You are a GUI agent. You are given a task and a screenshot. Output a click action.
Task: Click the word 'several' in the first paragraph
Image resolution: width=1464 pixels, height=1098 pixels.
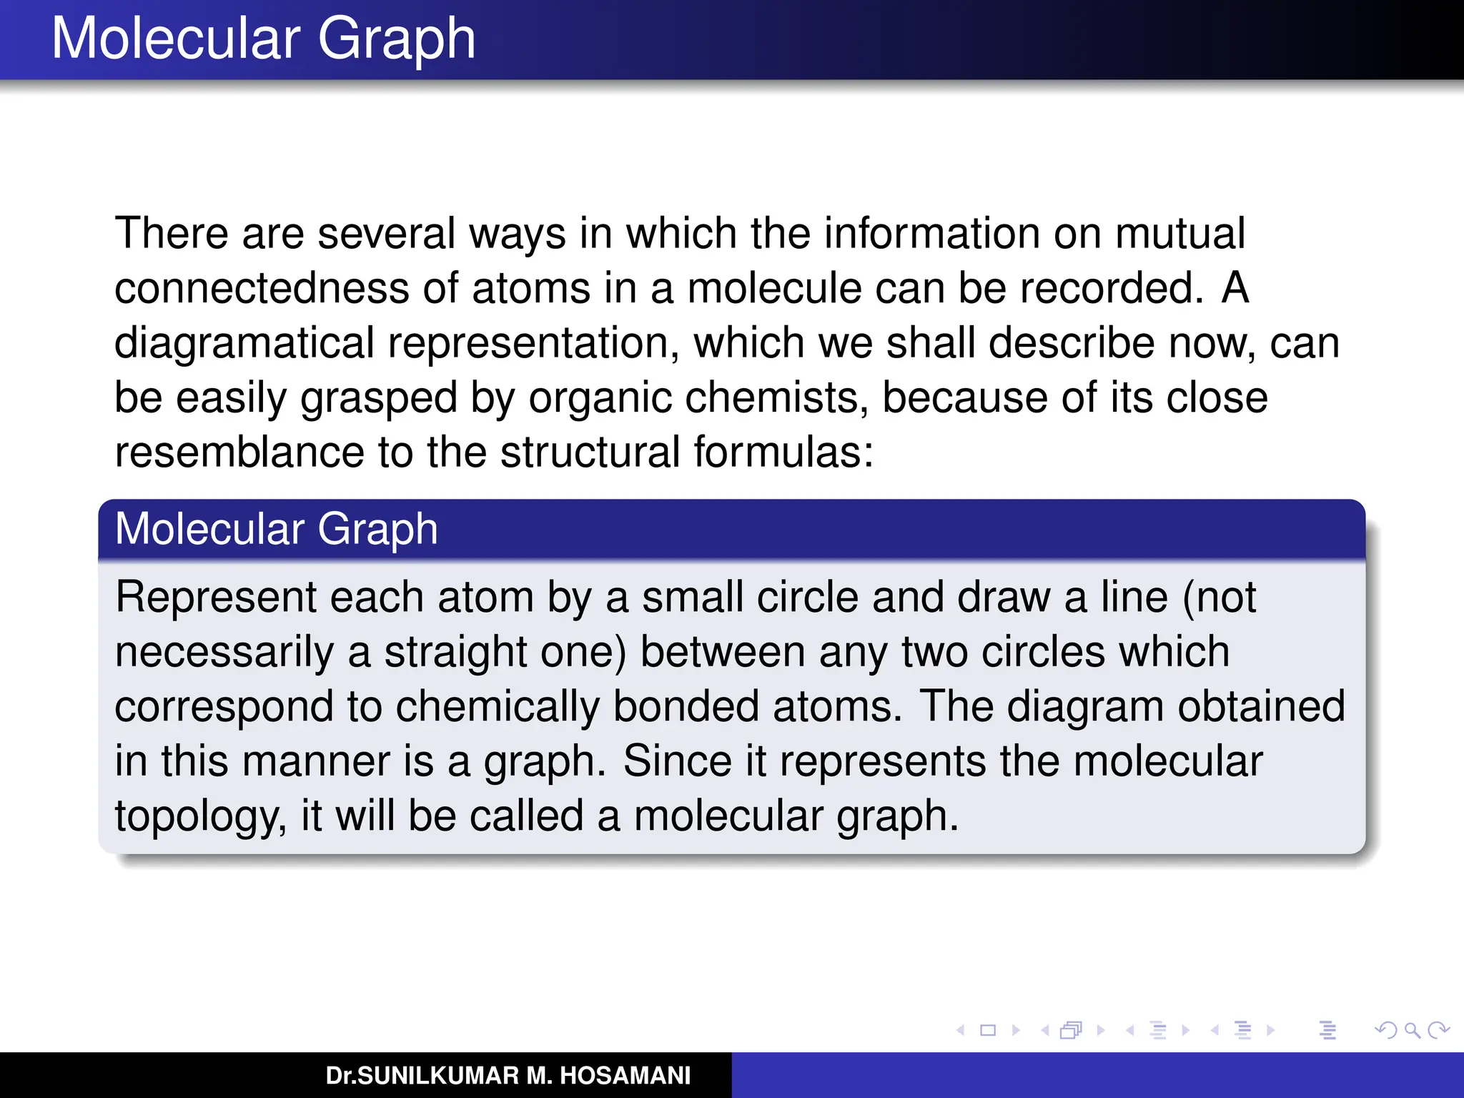click(386, 233)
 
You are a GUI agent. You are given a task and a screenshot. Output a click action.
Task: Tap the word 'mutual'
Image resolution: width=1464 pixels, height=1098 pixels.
click(1179, 233)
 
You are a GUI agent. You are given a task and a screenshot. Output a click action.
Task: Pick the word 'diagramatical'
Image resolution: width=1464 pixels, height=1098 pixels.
click(244, 343)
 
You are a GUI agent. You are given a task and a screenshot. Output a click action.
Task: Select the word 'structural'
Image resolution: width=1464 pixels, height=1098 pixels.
click(590, 452)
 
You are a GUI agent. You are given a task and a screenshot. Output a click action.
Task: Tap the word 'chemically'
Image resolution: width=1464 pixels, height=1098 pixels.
click(498, 706)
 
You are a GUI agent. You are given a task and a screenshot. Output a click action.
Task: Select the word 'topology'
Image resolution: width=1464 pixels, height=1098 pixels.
click(200, 816)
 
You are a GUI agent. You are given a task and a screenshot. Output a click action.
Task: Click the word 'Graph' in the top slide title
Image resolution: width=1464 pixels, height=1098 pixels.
click(396, 39)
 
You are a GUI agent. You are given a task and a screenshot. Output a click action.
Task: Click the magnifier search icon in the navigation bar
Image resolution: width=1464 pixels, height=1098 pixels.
click(1412, 1030)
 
